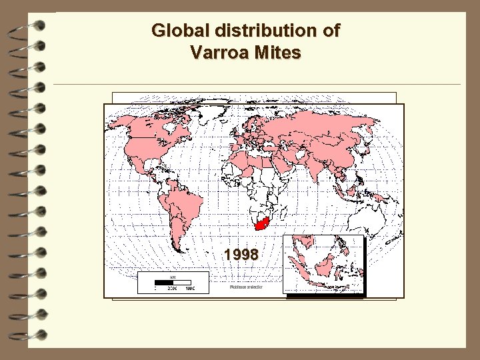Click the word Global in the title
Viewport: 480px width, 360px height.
point(175,31)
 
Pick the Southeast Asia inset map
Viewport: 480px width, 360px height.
point(324,265)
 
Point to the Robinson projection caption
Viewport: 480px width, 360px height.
point(246,287)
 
